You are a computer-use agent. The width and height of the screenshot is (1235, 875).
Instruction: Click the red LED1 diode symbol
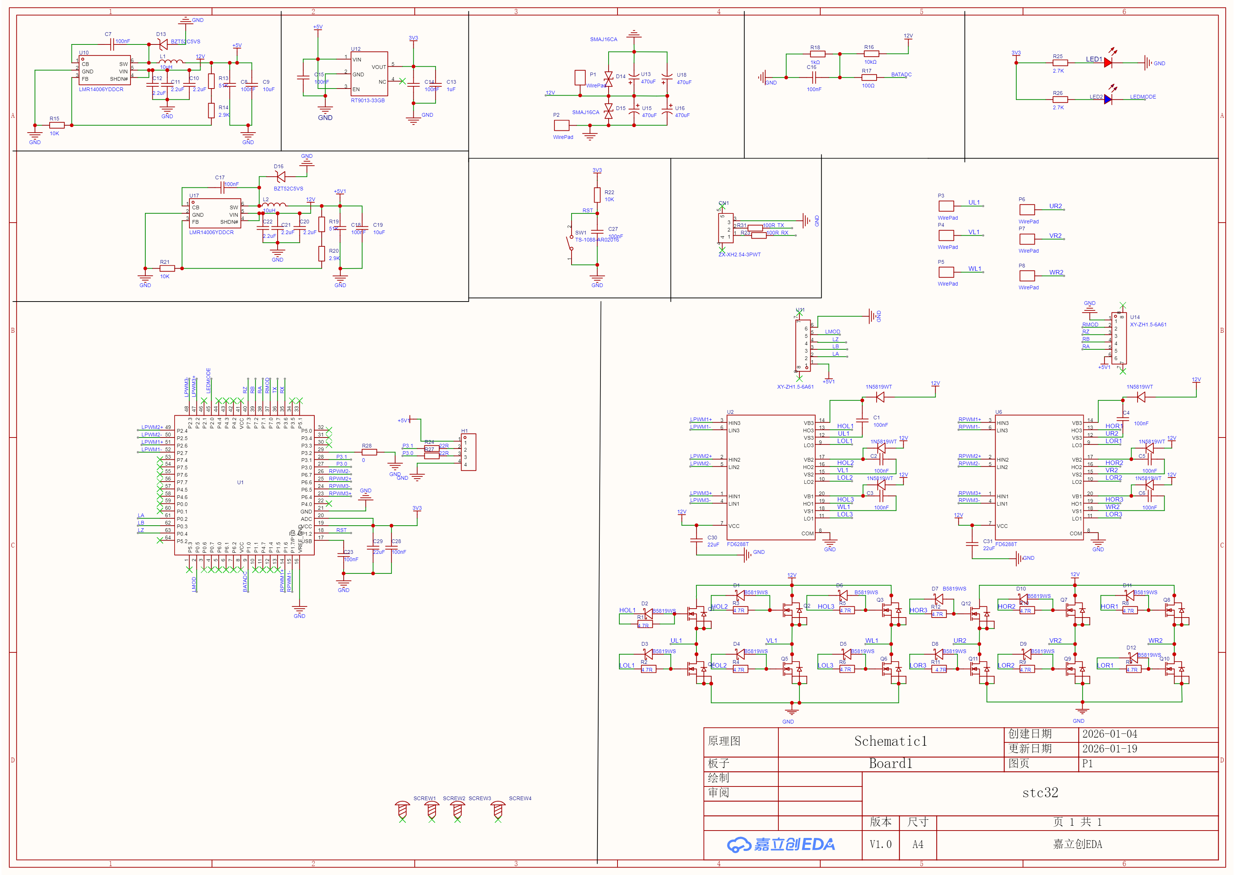click(1108, 63)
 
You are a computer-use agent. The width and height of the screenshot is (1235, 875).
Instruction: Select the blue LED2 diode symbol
click(1108, 100)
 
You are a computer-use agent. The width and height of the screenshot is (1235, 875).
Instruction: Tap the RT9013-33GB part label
click(368, 101)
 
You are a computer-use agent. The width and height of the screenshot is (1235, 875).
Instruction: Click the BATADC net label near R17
click(901, 75)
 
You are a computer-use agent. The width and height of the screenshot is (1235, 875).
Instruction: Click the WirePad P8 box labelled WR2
click(1027, 275)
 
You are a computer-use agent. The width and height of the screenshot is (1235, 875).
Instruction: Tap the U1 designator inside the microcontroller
click(241, 482)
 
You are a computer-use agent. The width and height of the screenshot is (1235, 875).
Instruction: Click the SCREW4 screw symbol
click(498, 810)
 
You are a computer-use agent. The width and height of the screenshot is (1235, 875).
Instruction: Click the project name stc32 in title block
click(1040, 792)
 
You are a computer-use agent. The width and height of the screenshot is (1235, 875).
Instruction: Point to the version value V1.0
click(880, 844)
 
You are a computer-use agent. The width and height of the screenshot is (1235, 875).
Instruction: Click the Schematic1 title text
click(891, 741)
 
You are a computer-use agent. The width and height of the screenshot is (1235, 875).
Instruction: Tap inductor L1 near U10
click(171, 61)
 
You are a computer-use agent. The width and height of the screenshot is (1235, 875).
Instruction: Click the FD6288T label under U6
click(1006, 544)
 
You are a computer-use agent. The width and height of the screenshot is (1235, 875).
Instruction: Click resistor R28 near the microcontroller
click(369, 453)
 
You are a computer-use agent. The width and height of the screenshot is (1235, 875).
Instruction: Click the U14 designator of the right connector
click(1135, 317)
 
